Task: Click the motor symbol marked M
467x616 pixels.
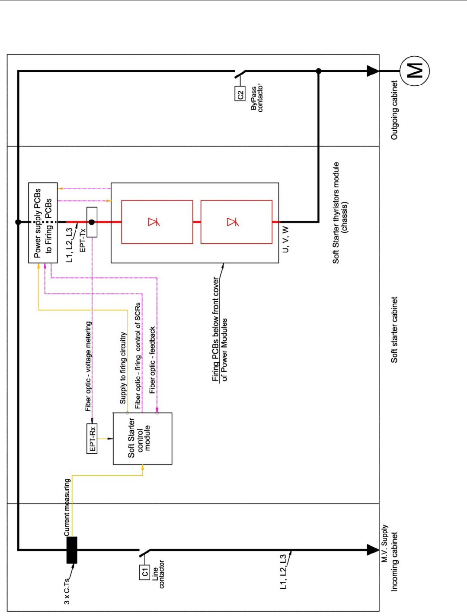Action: click(415, 71)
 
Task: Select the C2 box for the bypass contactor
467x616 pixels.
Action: click(240, 94)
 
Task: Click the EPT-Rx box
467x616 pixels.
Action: click(92, 438)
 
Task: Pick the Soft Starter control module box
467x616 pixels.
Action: click(142, 439)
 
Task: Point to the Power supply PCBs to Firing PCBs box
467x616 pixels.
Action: click(43, 223)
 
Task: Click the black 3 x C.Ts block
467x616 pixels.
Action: click(72, 550)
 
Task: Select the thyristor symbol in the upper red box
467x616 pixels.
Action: click(154, 222)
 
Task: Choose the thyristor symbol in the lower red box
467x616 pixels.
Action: click(233, 222)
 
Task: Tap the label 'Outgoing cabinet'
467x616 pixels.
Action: click(394, 110)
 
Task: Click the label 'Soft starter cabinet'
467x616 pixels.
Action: click(394, 329)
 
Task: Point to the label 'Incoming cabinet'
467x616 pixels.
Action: click(394, 562)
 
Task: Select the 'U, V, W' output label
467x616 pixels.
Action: click(285, 239)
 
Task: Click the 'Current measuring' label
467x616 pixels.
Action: click(67, 507)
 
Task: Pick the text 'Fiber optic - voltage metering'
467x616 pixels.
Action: click(88, 366)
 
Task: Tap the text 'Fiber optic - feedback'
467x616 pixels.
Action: click(152, 360)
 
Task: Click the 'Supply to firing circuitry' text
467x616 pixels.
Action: click(123, 368)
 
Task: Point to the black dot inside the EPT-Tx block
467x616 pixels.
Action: click(92, 222)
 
